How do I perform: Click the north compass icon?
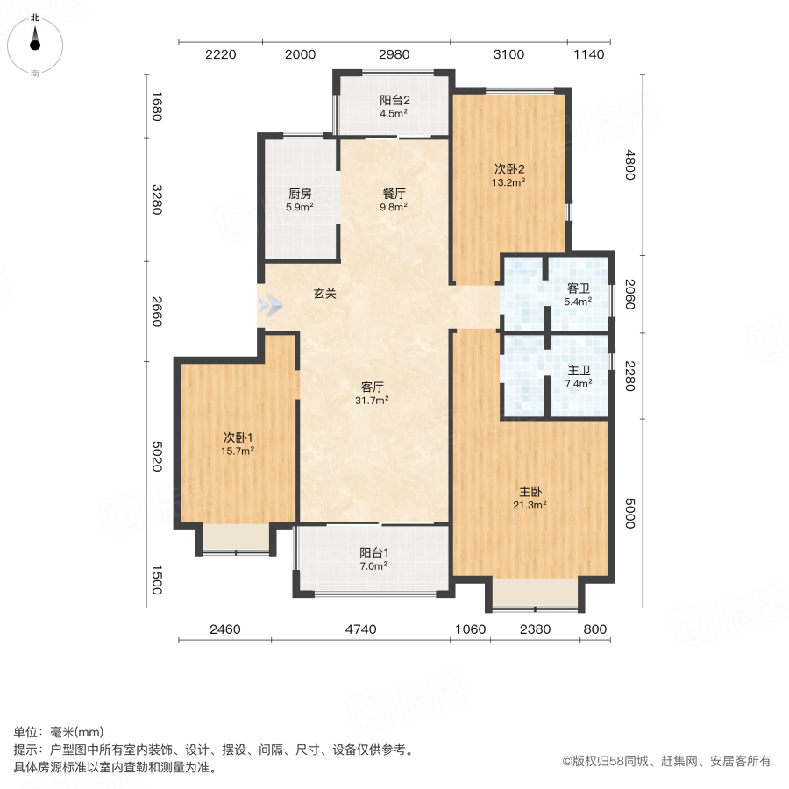pos(35,40)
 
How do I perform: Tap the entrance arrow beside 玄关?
pos(271,306)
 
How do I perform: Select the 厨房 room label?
pos(300,201)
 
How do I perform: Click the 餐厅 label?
pos(394,201)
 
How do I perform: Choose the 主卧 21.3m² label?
pos(530,498)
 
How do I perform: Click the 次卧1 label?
pos(238,444)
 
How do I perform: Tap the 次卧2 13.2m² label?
pos(508,175)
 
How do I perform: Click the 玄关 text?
pos(325,295)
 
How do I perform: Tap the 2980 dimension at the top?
pos(394,54)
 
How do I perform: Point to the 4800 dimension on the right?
pos(629,166)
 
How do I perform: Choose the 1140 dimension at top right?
pos(589,54)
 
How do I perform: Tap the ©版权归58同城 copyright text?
pos(665,762)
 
